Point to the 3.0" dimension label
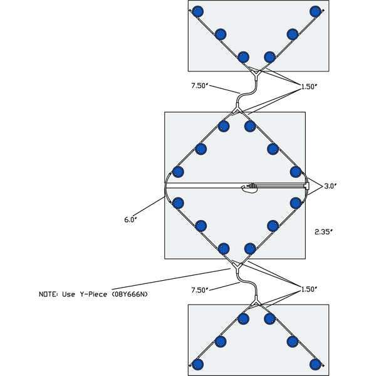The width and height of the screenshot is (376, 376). click(330, 186)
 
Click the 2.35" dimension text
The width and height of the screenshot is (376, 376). click(324, 231)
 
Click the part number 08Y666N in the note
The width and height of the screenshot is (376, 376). click(130, 293)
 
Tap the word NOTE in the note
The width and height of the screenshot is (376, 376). click(49, 293)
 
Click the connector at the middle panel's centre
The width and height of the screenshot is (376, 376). click(252, 186)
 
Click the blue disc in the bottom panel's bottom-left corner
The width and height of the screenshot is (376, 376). click(198, 364)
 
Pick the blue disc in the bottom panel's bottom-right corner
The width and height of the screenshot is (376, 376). click(315, 364)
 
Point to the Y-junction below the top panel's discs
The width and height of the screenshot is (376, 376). click(257, 74)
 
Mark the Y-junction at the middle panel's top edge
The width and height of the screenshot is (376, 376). click(236, 111)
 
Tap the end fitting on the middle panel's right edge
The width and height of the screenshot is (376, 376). click(306, 186)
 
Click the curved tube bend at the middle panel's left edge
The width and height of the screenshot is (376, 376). click(167, 186)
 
